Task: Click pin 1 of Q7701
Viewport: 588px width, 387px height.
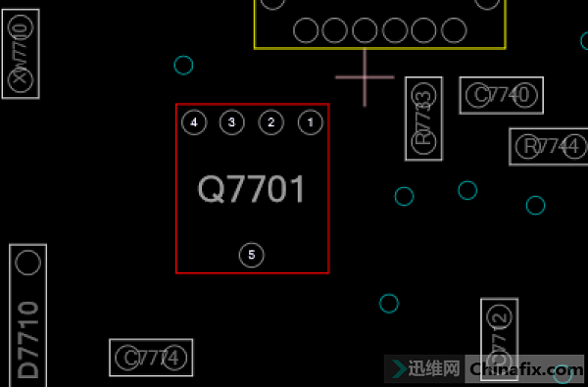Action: coord(310,122)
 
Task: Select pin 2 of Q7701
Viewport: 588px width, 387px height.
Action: coord(270,122)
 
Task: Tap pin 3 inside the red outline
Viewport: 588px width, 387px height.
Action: coord(231,122)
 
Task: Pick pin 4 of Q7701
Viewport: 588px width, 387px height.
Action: coord(194,122)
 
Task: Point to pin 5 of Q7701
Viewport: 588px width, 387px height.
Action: coord(252,255)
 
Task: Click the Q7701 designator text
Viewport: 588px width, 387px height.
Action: coord(252,189)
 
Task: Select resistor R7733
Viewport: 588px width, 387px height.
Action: coord(423,119)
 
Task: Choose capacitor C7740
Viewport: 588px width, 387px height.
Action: coord(501,95)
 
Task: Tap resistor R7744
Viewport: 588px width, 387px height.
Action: coord(548,147)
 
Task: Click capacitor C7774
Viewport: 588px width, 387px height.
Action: coord(151,358)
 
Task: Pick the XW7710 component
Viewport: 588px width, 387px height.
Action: coord(21,53)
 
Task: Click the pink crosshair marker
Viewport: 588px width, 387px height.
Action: coord(366,76)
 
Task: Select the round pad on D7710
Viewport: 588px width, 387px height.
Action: coord(28,263)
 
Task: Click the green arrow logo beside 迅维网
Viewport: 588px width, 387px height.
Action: coord(399,368)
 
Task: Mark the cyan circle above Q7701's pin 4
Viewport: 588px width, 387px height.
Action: coord(183,66)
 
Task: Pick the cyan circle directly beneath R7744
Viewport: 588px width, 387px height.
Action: coord(535,205)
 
